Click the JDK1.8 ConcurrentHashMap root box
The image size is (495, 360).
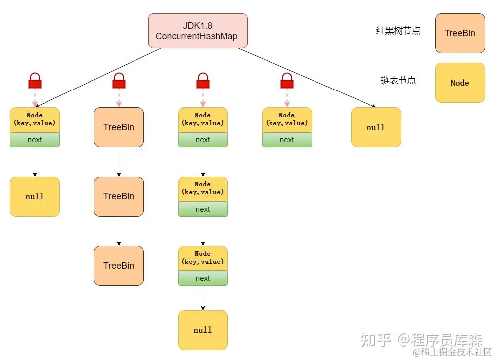point(198,31)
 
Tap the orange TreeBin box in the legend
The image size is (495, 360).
point(459,33)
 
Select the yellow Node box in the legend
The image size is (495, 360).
point(459,83)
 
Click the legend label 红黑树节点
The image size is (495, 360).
point(398,31)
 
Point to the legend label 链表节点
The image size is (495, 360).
point(398,80)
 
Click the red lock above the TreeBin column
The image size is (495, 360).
point(119,80)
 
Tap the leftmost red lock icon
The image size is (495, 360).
point(35,80)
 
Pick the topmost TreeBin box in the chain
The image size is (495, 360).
point(119,127)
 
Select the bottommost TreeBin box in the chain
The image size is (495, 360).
point(119,266)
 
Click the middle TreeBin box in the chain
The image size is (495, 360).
point(119,196)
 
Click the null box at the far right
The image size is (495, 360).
point(376,127)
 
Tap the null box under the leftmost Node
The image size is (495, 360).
point(35,196)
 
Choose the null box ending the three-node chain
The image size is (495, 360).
point(203,330)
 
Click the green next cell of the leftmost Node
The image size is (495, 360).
point(35,140)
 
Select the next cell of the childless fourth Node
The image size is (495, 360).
point(287,140)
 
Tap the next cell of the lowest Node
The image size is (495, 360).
point(203,278)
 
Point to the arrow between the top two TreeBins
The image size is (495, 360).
point(119,162)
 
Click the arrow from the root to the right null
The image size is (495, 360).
point(307,77)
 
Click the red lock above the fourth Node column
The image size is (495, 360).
point(287,80)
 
